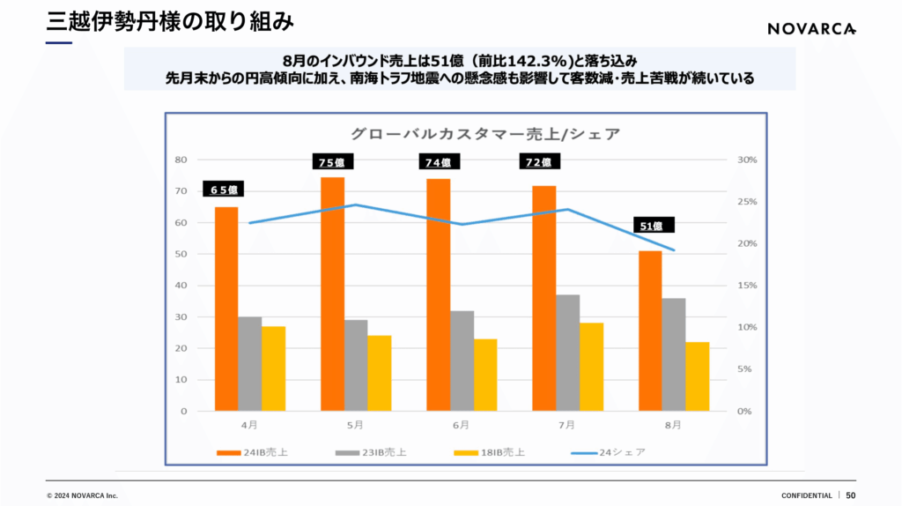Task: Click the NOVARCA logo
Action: click(810, 28)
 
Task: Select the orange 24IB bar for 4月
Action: click(226, 309)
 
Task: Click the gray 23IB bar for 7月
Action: click(568, 353)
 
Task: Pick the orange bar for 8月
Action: click(650, 331)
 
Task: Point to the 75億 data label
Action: click(333, 161)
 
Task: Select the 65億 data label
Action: click(224, 189)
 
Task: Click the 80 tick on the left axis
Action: click(181, 160)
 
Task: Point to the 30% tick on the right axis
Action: click(745, 160)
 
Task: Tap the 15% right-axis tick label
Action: click(745, 286)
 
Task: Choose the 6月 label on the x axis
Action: click(460, 425)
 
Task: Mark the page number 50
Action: click(851, 495)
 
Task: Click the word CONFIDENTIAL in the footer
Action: click(806, 495)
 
